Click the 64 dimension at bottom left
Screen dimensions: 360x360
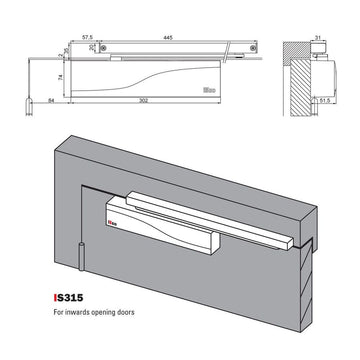click(x=51, y=101)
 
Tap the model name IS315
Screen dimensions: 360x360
click(x=68, y=296)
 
